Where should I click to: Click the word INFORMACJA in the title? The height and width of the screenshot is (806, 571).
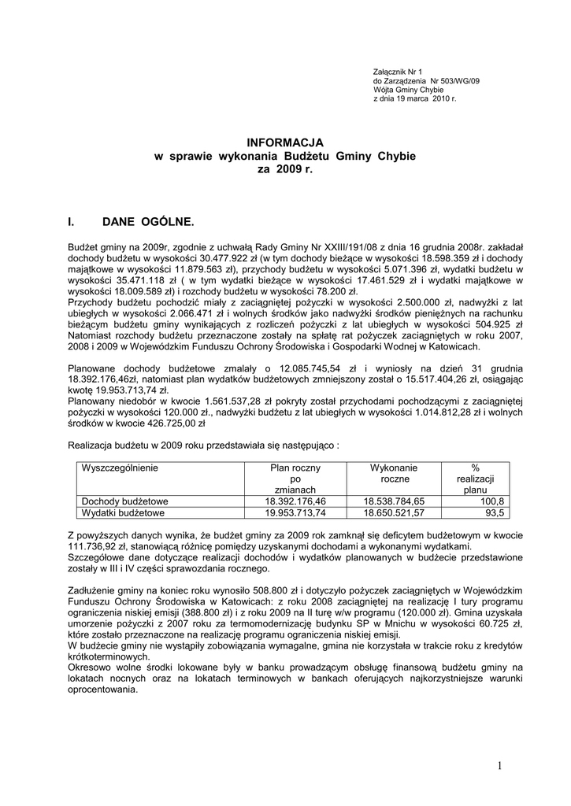[284, 142]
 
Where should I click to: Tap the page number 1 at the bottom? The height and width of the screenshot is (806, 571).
[499, 767]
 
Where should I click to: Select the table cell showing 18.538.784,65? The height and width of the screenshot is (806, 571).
[394, 501]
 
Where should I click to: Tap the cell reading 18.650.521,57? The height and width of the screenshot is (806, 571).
[394, 513]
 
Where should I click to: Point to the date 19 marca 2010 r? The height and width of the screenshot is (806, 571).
[423, 99]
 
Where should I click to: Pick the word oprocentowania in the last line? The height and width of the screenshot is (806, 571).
[103, 689]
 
